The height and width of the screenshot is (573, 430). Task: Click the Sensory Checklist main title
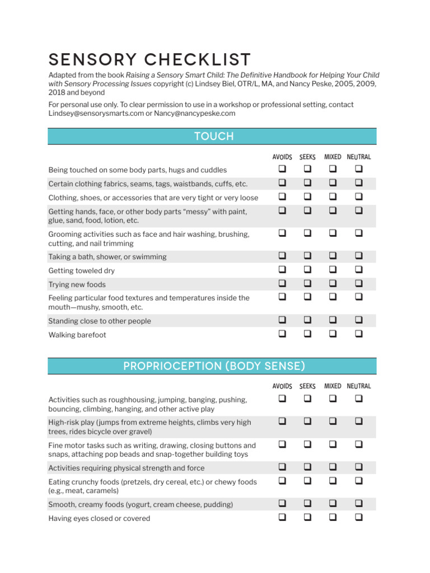(x=150, y=59)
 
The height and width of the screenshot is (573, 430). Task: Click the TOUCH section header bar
(x=213, y=137)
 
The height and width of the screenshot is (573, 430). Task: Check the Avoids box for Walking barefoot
(x=282, y=334)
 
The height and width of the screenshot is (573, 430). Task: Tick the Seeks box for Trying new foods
(x=307, y=283)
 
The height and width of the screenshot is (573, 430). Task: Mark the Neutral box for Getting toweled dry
(x=358, y=270)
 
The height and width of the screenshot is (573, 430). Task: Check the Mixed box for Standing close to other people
(x=333, y=320)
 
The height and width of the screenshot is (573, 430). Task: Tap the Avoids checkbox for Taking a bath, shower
(x=282, y=256)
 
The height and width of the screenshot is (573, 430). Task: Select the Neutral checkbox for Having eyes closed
(x=358, y=518)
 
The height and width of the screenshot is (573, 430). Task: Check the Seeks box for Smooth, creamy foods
(x=307, y=504)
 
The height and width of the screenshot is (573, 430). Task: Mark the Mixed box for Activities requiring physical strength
(x=333, y=467)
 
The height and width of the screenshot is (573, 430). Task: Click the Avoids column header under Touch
(x=282, y=157)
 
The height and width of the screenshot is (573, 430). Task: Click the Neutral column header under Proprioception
(x=358, y=386)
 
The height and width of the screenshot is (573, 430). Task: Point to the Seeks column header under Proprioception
(x=307, y=386)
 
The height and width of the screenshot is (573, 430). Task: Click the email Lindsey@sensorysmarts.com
(x=96, y=114)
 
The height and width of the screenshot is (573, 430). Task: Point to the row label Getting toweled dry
(x=81, y=271)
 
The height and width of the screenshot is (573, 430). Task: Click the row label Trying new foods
(x=77, y=285)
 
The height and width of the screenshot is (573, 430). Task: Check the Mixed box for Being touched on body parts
(x=333, y=168)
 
